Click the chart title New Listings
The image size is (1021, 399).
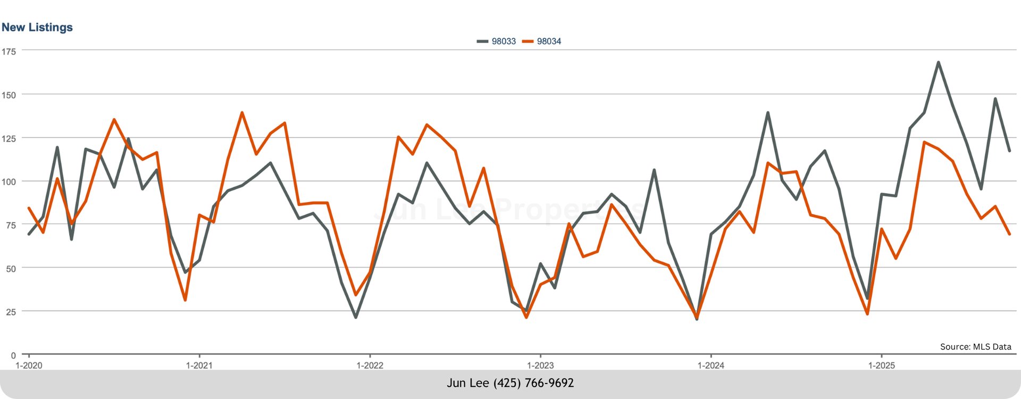coord(37,28)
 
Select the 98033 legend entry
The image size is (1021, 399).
coord(497,41)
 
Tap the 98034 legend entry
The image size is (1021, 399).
coord(542,41)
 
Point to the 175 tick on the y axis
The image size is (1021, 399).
coord(9,52)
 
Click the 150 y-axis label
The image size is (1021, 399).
coord(9,95)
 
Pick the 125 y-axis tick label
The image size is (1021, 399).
coord(9,139)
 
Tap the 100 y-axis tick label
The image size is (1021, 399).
coord(9,182)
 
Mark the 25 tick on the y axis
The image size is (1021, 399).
coord(11,312)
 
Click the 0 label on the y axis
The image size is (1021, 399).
coord(13,355)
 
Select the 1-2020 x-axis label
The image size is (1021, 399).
coord(29,365)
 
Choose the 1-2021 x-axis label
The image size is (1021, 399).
coord(199,365)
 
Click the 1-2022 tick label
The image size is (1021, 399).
coord(370,365)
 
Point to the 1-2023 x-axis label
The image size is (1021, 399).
coord(540,365)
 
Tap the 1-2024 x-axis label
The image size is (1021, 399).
coord(711,365)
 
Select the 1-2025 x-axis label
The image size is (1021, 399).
coord(882,365)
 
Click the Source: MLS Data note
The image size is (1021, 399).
coord(975,347)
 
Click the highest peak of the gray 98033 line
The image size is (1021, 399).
coord(938,62)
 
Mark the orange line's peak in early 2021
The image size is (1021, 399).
coord(242,113)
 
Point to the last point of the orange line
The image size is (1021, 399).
coord(1009,234)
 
